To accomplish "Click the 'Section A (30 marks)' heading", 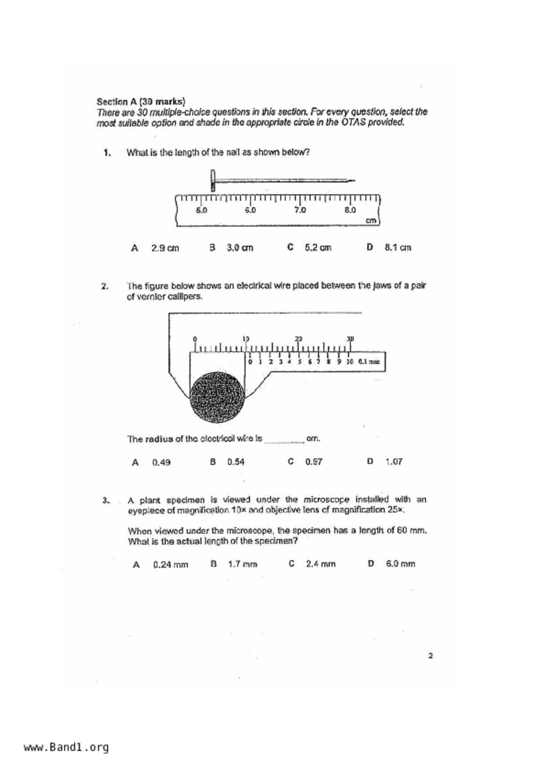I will point(141,102).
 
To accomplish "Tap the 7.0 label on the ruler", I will point(300,210).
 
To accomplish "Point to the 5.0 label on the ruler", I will point(201,210).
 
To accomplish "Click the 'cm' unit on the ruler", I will point(371,220).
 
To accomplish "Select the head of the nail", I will point(213,180).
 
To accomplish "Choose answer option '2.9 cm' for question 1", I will point(165,248).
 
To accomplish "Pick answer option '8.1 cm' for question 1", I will point(397,247).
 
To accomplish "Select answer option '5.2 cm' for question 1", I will point(318,247).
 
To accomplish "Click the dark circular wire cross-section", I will point(217,397).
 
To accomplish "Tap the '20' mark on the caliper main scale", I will point(299,338).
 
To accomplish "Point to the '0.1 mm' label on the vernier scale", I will point(369,362).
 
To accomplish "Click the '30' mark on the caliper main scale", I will point(350,338).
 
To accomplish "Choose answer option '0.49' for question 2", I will point(161,463).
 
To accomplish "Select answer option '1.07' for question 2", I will point(394,462).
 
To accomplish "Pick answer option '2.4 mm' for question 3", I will point(320,564).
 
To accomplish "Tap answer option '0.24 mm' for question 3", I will point(170,565).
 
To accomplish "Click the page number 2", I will point(430,656).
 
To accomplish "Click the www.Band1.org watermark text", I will point(66,747).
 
